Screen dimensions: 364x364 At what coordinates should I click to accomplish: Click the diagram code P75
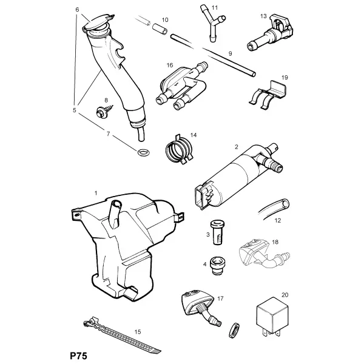pos(78,356)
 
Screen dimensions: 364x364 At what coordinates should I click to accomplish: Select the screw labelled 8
pos(104,111)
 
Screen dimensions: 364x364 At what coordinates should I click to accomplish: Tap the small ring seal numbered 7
pos(144,152)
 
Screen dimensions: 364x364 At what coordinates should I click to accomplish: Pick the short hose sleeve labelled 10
pos(160,29)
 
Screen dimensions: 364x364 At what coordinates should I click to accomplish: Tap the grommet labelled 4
pos(218,265)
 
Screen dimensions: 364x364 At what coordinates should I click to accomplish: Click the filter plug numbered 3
pos(218,232)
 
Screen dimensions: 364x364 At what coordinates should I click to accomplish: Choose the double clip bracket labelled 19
pos(268,95)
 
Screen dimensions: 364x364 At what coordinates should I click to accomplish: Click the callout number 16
pos(170,66)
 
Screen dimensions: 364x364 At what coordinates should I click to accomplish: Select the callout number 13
pos(263,16)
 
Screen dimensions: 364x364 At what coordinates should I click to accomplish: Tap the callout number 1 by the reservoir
pos(96,193)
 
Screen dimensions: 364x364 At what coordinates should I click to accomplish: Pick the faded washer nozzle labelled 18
pos(264,254)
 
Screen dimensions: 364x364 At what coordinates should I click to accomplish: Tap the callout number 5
pos(74,110)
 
